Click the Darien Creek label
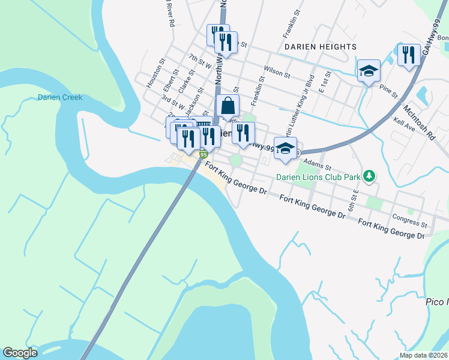point(60,97)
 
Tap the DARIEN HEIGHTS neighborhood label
point(320,46)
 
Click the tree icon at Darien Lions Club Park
point(371,176)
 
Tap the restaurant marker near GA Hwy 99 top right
point(409,55)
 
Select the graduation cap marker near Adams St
point(285,148)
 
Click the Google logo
point(20,353)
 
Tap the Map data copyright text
point(424,355)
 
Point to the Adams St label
point(318,164)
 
